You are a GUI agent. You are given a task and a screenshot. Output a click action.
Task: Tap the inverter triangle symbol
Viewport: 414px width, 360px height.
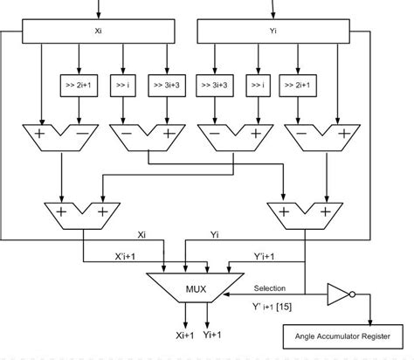337,295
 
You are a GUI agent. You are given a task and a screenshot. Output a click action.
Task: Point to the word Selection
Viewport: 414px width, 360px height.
270,287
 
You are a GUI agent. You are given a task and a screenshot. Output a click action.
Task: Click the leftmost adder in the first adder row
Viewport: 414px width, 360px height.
59,138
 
